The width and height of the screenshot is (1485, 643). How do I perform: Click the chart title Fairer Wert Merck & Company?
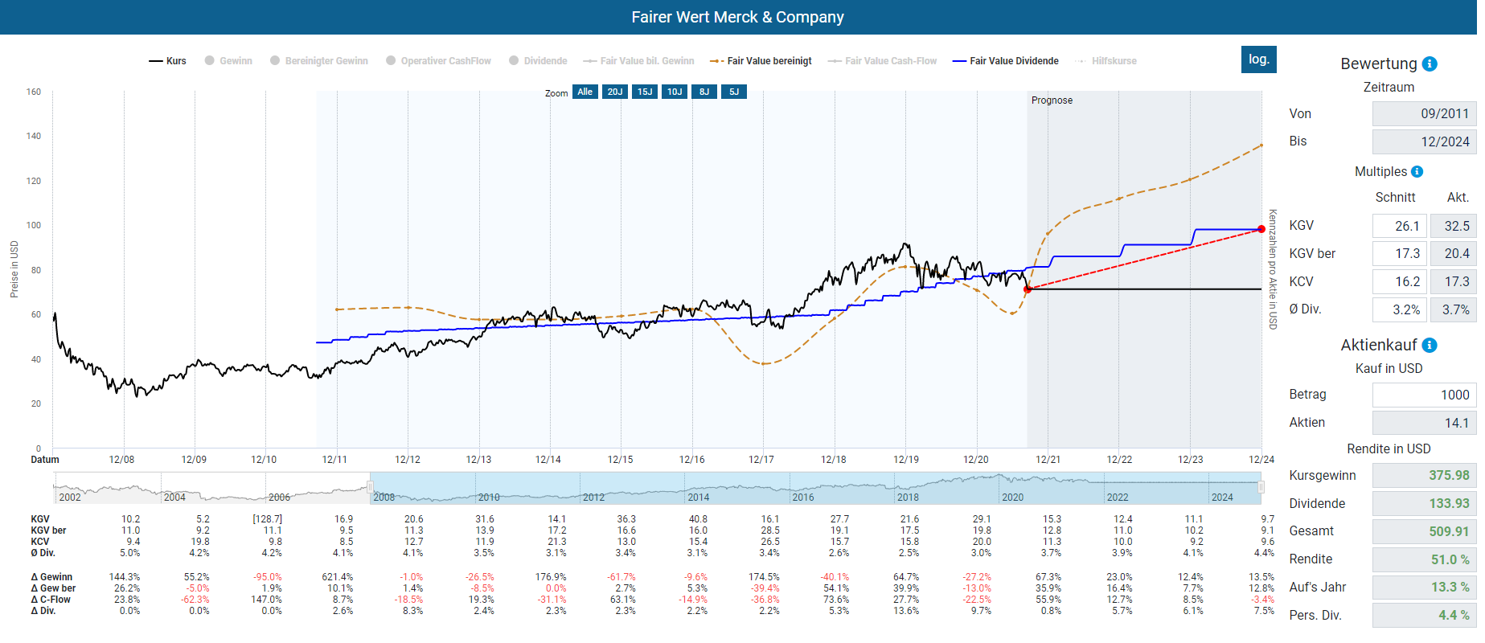[737, 17]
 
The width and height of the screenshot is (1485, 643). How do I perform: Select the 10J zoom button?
[675, 92]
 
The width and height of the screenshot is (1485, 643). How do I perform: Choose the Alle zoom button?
[585, 92]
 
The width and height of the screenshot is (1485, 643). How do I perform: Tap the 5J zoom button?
[734, 92]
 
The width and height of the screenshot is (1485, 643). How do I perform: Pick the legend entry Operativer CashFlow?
[445, 61]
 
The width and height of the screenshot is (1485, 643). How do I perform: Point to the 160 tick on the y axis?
[33, 92]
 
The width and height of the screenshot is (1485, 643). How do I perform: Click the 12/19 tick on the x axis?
[906, 460]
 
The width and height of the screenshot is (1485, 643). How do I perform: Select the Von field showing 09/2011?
[1423, 113]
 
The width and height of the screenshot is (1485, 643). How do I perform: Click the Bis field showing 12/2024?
[1423, 141]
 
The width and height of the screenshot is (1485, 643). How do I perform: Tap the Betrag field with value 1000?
[1423, 395]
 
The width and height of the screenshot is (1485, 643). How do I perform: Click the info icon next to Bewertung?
[1430, 64]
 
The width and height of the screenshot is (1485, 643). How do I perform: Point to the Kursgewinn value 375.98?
[1423, 475]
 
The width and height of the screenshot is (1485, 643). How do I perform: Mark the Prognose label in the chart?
[1052, 100]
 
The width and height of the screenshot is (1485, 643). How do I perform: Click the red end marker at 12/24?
[1261, 230]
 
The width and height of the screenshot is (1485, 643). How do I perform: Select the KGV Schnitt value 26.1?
[1400, 226]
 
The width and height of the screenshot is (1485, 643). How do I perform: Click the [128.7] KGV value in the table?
[267, 519]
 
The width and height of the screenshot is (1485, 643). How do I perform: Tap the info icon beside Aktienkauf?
[1430, 345]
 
